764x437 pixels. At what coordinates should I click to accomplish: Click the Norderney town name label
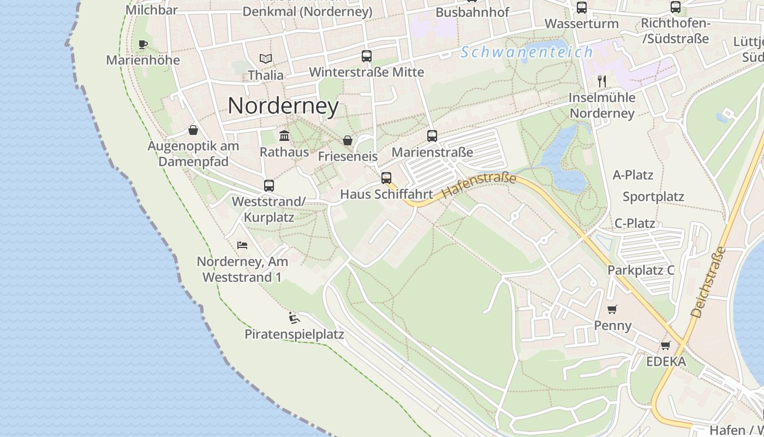pyautogui.click(x=283, y=105)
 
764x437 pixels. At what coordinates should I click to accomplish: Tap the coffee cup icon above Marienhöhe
pyautogui.click(x=143, y=44)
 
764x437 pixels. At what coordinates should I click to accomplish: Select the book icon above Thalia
pyautogui.click(x=266, y=58)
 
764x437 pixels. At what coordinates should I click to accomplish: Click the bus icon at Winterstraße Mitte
pyautogui.click(x=367, y=56)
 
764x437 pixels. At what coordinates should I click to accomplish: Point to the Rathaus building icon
pyautogui.click(x=284, y=135)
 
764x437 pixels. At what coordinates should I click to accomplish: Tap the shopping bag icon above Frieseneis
pyautogui.click(x=347, y=140)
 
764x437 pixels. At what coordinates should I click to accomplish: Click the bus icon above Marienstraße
pyautogui.click(x=432, y=135)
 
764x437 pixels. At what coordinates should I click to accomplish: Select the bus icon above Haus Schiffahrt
pyautogui.click(x=386, y=178)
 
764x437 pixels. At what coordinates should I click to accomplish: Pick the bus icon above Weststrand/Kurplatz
pyautogui.click(x=269, y=185)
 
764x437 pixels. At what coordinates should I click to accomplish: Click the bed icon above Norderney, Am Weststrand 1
pyautogui.click(x=242, y=245)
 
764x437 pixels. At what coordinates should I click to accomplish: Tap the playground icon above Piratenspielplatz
pyautogui.click(x=294, y=317)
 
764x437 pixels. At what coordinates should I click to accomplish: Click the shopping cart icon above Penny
pyautogui.click(x=612, y=309)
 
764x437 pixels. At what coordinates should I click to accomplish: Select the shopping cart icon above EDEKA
pyautogui.click(x=666, y=345)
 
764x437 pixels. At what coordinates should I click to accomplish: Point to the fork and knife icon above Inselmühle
pyautogui.click(x=602, y=81)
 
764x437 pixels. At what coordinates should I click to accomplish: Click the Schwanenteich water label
pyautogui.click(x=527, y=52)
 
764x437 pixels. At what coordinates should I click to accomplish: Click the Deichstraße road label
pyautogui.click(x=708, y=283)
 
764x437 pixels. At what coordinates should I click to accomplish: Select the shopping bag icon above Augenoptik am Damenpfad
pyautogui.click(x=193, y=130)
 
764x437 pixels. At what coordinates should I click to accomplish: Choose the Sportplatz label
pyautogui.click(x=653, y=197)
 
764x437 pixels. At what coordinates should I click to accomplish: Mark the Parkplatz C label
pyautogui.click(x=641, y=270)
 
